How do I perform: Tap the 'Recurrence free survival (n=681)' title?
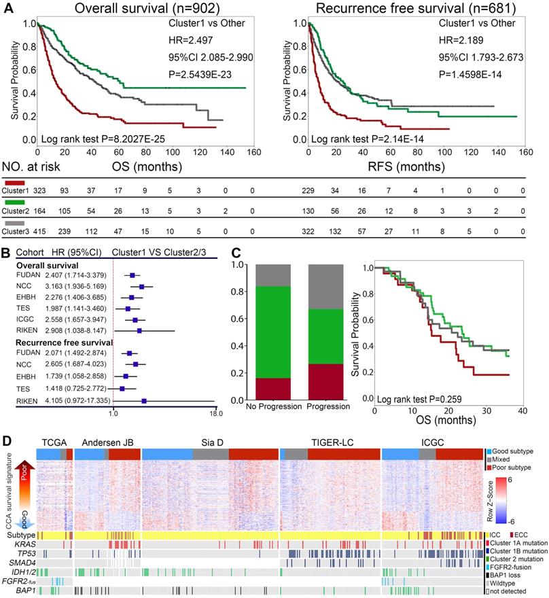[408, 10]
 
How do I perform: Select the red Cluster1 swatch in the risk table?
[14, 183]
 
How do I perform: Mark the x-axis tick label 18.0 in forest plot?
[215, 412]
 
